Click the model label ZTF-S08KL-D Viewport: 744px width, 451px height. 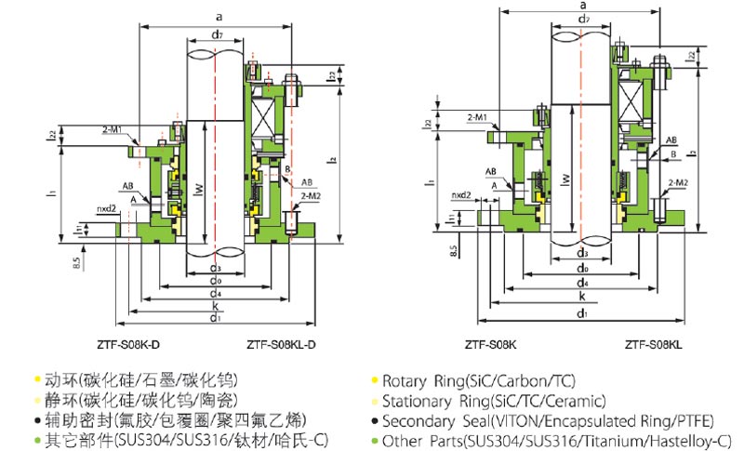pos(283,345)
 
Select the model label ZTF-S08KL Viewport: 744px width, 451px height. pos(653,345)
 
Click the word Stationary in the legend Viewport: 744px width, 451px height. pos(420,402)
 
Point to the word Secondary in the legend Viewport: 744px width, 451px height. pos(418,422)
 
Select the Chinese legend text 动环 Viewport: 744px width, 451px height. pos(58,380)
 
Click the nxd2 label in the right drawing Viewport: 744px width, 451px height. pos(462,196)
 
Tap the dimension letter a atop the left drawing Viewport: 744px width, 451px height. pos(218,16)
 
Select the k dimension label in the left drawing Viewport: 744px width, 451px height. pos(215,304)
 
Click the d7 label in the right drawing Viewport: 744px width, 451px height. pos(583,19)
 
